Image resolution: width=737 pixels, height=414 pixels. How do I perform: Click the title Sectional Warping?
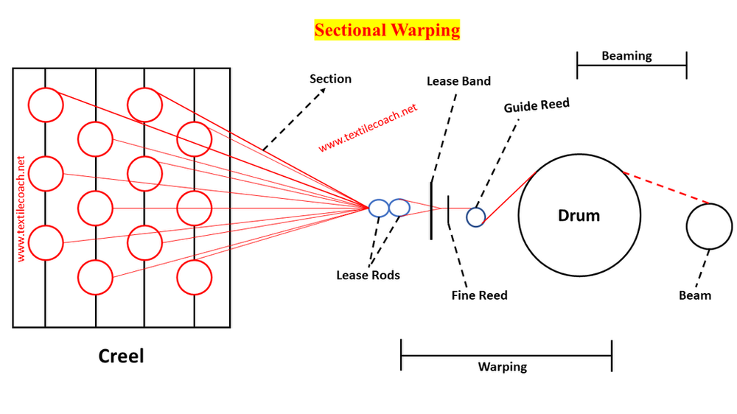pos(387,30)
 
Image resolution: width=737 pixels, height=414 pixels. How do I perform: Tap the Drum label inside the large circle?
pos(579,216)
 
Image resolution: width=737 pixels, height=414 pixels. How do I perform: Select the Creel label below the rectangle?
pos(122,356)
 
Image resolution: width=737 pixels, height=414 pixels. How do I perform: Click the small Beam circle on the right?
pos(709,226)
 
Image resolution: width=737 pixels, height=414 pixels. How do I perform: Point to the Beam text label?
pos(695,295)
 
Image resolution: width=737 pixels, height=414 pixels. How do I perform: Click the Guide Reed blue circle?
pos(475,217)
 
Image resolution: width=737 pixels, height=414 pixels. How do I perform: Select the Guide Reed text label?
pos(537,105)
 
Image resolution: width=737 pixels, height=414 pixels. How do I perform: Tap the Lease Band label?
pos(458,81)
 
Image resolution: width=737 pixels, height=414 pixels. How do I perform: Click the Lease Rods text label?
pos(368,275)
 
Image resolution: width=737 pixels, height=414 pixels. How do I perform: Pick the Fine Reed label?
pos(479,295)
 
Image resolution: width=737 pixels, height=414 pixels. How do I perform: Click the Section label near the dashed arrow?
pos(330,79)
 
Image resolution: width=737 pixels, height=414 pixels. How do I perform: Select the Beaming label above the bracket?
pos(626,55)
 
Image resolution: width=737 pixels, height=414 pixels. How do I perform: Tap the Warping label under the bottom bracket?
pos(503,366)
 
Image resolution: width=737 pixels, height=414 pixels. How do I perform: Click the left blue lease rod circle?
pos(379,208)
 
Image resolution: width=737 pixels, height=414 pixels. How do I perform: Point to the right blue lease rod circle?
pos(399,208)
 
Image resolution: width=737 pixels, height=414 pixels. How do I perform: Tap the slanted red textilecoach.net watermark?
pos(368,127)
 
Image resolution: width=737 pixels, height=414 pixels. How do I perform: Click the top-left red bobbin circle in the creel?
pos(46,105)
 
